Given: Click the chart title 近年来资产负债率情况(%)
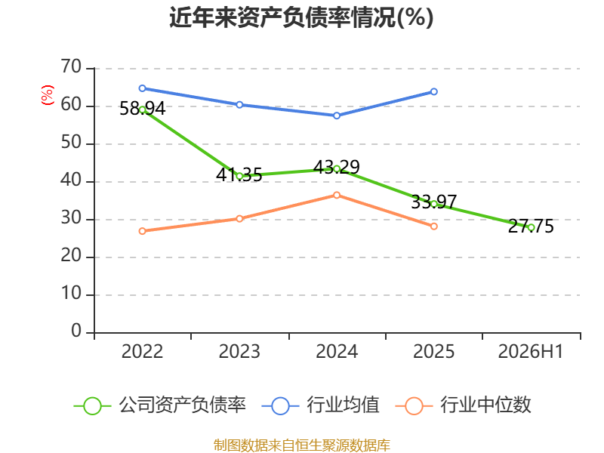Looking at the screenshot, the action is tap(301, 17).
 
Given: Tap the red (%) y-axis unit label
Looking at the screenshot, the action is tap(47, 95).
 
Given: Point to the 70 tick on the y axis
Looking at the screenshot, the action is tap(71, 66).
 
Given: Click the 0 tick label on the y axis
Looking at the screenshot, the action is tap(76, 331).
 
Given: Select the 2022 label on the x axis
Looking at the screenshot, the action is tap(142, 352).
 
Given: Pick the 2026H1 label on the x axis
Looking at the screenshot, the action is tap(531, 352).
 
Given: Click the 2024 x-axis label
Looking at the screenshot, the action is tap(337, 352).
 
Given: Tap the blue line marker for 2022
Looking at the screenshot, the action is tap(142, 88).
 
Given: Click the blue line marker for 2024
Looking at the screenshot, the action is tap(337, 116).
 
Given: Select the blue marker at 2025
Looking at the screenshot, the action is tap(433, 91).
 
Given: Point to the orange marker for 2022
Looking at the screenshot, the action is tap(142, 231).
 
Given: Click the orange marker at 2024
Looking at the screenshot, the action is tap(337, 196).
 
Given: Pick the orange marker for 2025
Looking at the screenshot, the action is tap(433, 226).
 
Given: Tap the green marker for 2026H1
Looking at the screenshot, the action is tap(532, 228).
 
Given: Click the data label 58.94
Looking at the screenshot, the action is tap(142, 109).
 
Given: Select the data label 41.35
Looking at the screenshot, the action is tap(239, 175).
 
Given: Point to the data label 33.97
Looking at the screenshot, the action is tap(433, 202).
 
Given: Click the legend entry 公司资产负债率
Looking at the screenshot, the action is tap(160, 405).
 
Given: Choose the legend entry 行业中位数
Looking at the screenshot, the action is tap(464, 405).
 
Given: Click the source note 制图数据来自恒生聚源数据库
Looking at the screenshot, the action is tap(302, 445).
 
